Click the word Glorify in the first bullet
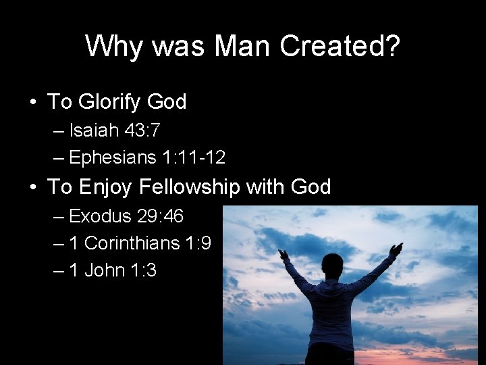109,102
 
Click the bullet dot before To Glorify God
32,103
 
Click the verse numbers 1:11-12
194,158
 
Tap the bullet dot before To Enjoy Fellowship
32,187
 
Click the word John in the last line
105,270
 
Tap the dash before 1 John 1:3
58,270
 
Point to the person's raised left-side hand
283,255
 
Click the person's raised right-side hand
397,248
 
